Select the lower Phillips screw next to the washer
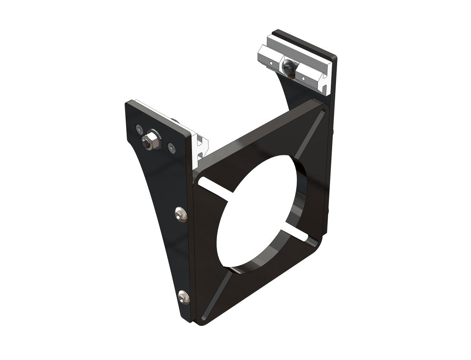[171, 148]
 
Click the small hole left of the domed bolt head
[271, 62]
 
